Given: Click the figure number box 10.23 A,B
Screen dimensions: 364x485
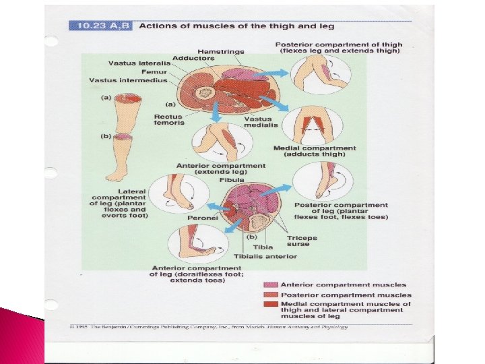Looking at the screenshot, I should click(101, 26).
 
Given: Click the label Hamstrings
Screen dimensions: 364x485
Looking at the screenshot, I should click(221, 51).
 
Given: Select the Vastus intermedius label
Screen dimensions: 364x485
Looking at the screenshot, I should click(122, 81).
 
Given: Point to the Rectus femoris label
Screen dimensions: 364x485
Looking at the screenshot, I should click(168, 119).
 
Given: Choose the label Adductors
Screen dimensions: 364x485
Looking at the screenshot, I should click(193, 58).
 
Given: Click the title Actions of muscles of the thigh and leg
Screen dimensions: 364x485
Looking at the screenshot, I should click(236, 26).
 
